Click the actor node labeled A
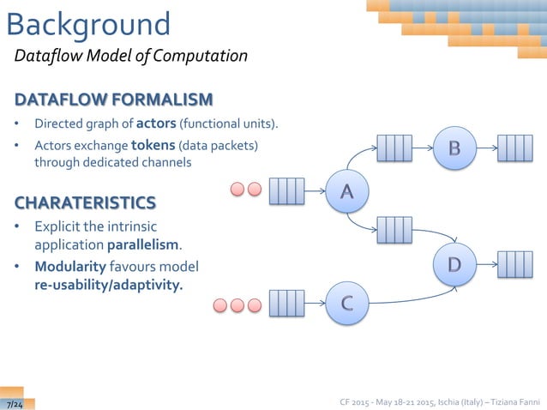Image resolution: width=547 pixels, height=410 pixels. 347,190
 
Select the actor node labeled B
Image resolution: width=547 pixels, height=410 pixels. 454,148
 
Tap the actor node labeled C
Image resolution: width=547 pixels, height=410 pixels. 347,304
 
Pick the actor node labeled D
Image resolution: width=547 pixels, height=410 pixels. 454,263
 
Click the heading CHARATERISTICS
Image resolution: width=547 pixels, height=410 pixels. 85,202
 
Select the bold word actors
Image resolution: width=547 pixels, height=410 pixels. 156,124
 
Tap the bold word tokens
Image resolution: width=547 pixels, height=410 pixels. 154,145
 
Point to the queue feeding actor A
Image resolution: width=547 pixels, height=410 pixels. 286,190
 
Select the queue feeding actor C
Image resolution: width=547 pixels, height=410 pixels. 286,304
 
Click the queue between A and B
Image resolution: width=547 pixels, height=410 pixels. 394,148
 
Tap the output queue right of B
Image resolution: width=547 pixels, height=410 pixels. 515,148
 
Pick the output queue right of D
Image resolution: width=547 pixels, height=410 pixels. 515,263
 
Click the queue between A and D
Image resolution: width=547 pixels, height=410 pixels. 394,230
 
